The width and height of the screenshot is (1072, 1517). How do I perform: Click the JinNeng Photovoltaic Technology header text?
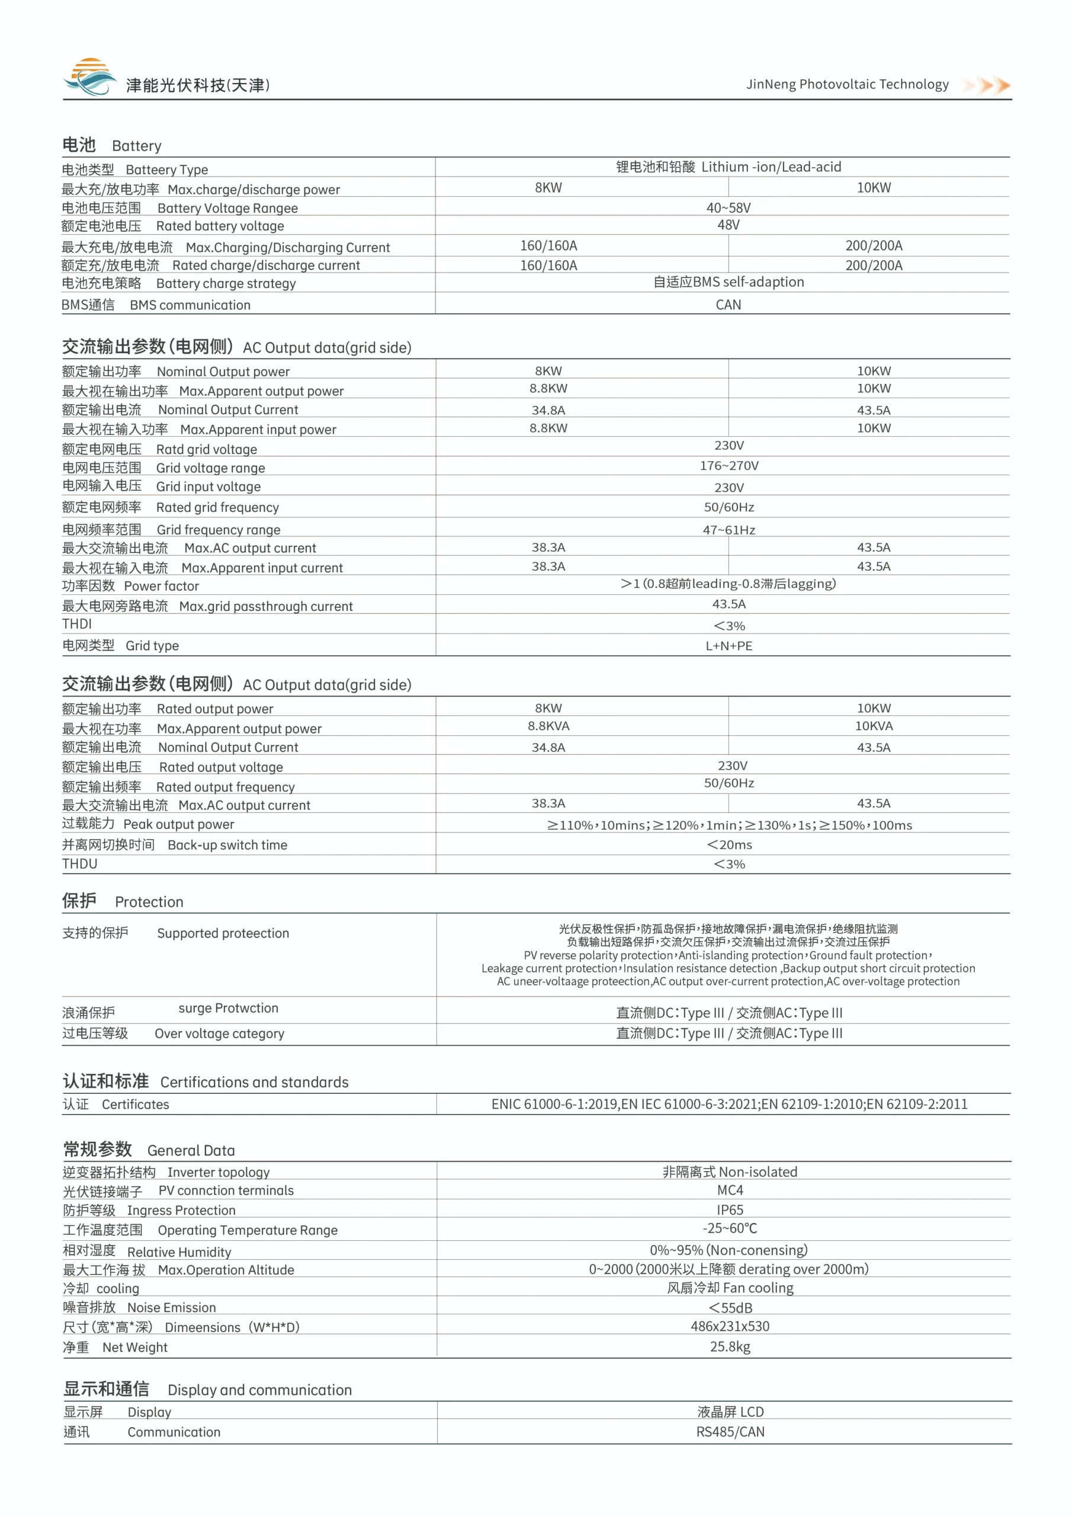(x=847, y=85)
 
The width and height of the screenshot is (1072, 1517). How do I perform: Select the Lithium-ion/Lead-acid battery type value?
(x=728, y=167)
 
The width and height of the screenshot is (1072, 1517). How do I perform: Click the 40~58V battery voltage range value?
(x=728, y=208)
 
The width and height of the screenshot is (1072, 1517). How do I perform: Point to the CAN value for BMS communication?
(x=728, y=305)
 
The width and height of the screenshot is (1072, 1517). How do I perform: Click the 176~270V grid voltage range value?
(x=728, y=466)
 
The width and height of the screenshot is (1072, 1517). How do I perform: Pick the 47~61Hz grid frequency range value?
(x=728, y=530)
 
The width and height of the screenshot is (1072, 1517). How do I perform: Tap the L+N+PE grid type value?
(x=728, y=645)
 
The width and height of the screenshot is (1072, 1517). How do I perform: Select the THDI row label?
(x=77, y=624)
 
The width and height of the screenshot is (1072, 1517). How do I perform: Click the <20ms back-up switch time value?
(x=729, y=844)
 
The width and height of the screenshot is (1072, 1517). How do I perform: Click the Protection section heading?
(x=123, y=901)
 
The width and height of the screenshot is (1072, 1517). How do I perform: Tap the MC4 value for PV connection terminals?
(x=730, y=1190)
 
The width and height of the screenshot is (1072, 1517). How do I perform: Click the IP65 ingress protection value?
(x=730, y=1210)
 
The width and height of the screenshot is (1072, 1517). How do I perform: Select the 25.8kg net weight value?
(x=730, y=1346)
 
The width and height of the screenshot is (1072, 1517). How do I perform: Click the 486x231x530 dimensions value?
(x=730, y=1326)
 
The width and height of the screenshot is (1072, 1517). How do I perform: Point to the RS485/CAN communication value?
(x=730, y=1432)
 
